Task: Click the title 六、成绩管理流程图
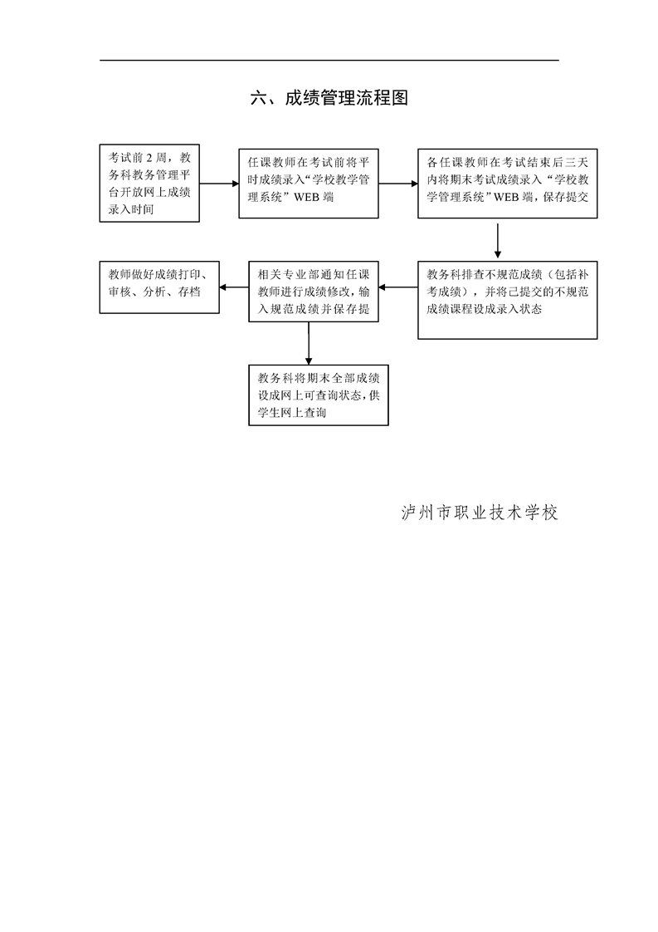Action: click(329, 99)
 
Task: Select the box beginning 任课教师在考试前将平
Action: click(309, 184)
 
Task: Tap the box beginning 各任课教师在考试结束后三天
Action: click(507, 184)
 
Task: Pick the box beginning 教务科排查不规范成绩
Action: click(507, 300)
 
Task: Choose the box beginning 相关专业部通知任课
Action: click(309, 291)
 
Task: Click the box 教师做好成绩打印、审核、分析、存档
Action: click(159, 287)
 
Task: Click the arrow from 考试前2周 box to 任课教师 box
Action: click(219, 184)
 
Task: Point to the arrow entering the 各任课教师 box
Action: click(398, 184)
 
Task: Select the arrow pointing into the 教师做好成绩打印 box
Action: click(235, 288)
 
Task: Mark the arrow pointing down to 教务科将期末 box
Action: click(309, 343)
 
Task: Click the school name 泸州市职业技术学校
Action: click(479, 513)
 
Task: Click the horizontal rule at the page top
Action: click(329, 60)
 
